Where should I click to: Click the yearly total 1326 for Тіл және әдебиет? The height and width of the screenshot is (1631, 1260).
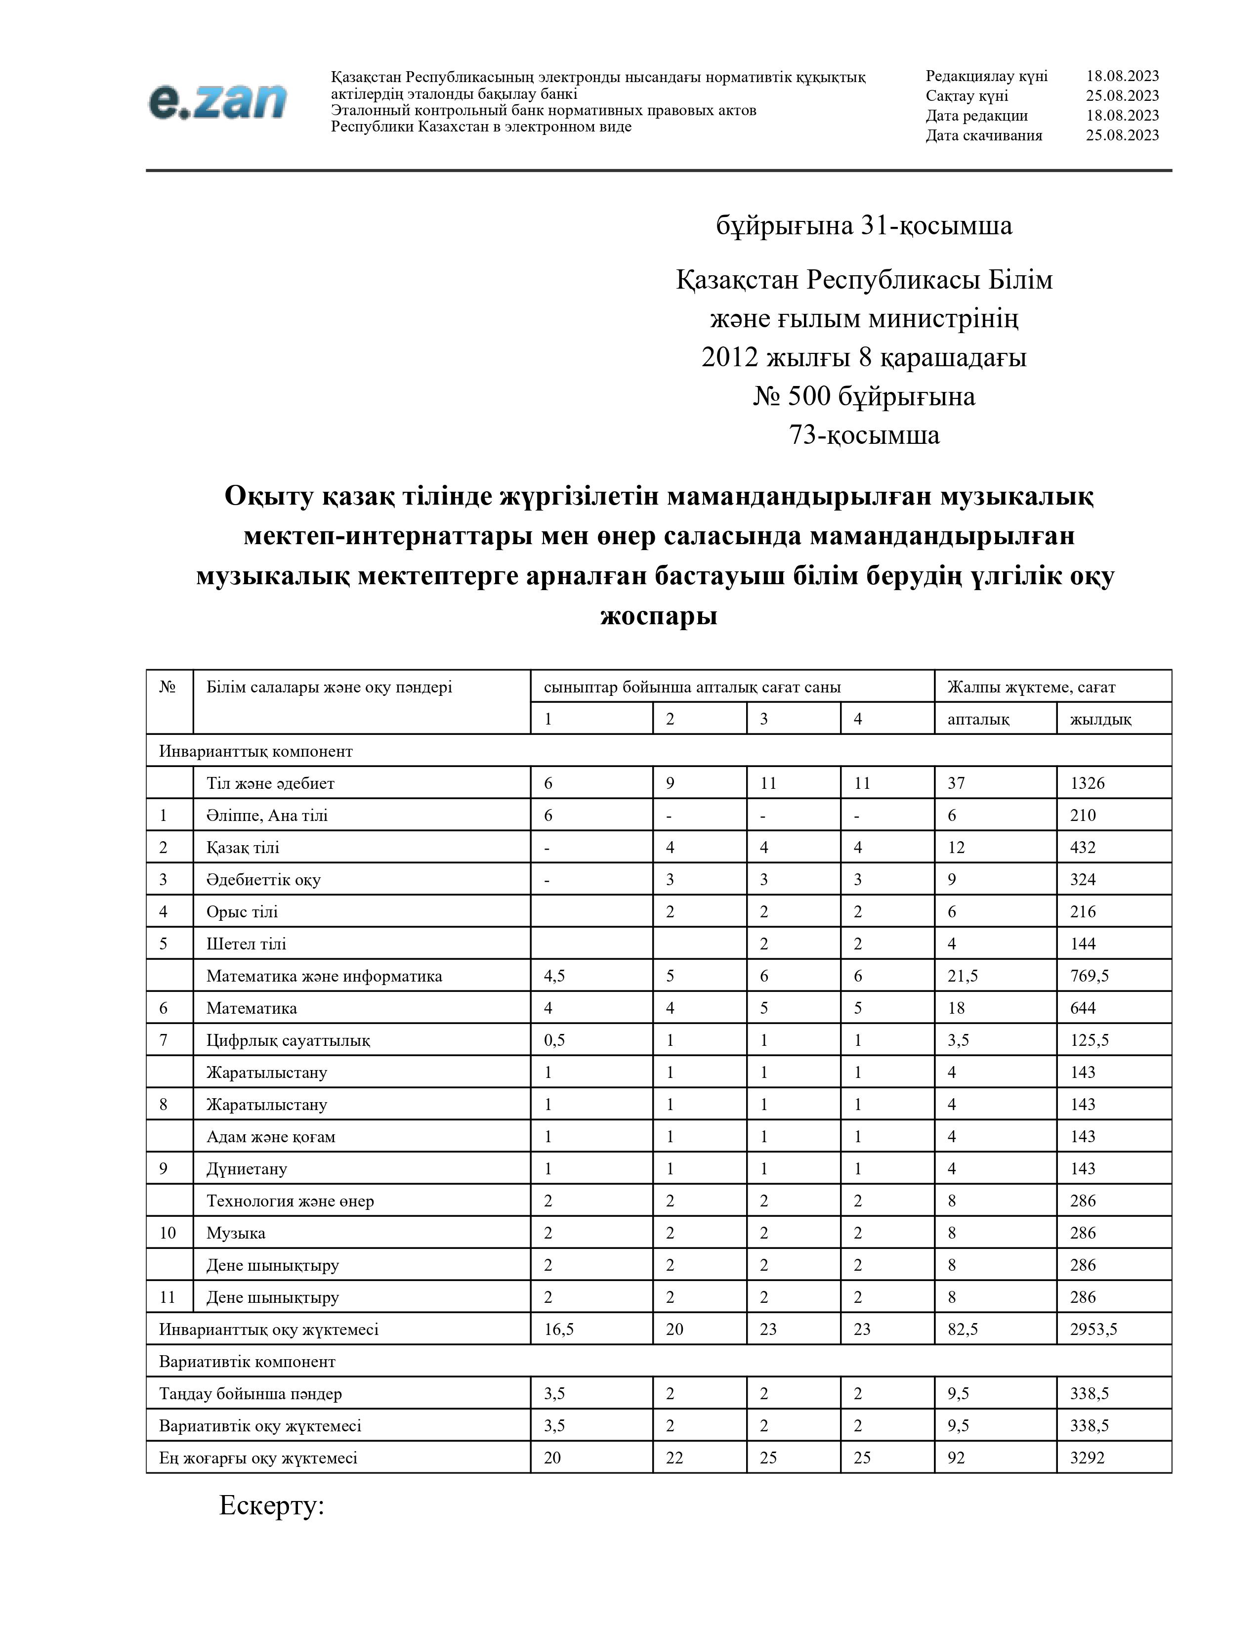pyautogui.click(x=1087, y=783)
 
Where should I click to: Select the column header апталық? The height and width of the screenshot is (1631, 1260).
pyautogui.click(x=978, y=719)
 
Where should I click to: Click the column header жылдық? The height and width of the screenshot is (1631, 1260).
pyautogui.click(x=1100, y=719)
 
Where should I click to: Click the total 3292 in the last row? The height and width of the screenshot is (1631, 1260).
pyautogui.click(x=1087, y=1457)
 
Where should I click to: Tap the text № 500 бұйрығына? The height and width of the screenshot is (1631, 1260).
pyautogui.click(x=864, y=396)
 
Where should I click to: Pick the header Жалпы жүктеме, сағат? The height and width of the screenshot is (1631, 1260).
pyautogui.click(x=1031, y=687)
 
